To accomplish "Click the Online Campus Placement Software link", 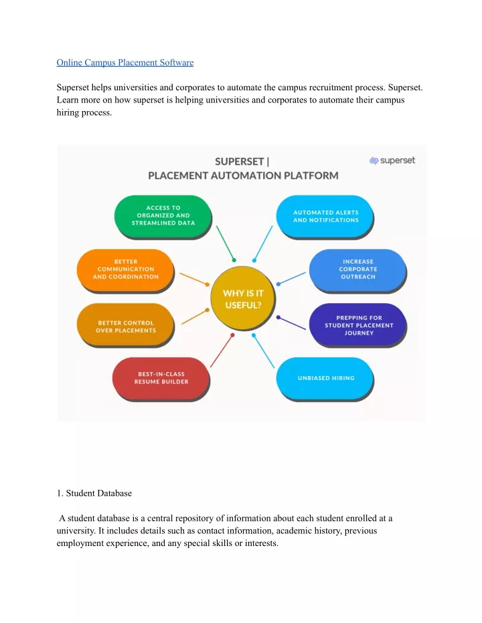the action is click(125, 62).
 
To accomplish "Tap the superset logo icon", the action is click(374, 161).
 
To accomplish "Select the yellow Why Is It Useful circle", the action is click(243, 298).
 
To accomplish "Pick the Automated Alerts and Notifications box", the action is click(325, 216).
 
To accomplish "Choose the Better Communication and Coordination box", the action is click(126, 270).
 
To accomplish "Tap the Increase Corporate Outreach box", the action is click(357, 270).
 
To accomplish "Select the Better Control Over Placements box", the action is click(126, 326).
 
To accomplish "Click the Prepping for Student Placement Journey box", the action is click(357, 325).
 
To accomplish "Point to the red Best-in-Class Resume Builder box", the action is click(161, 378).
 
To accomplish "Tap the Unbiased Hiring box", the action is click(325, 378).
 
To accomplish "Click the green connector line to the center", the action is click(226, 244).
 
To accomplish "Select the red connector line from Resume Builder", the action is click(222, 351).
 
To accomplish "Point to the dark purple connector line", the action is click(292, 323).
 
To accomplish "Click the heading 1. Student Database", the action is click(94, 493).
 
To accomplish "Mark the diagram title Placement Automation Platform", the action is click(243, 175).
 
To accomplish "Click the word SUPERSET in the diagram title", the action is click(239, 162).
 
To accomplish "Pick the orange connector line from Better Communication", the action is click(194, 279).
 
